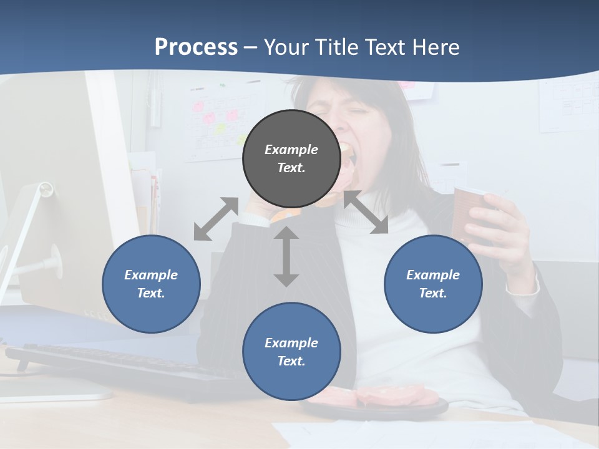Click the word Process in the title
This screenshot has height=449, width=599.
[x=196, y=47]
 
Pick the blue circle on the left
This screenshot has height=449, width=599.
[x=151, y=284]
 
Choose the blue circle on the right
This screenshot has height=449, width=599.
[x=433, y=284]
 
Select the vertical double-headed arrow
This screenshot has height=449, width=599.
[x=286, y=256]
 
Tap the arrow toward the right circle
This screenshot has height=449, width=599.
[x=366, y=212]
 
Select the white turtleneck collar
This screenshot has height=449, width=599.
[x=368, y=206]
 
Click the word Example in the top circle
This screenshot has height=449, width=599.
[x=291, y=150]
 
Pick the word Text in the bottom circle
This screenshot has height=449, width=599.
[x=291, y=361]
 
